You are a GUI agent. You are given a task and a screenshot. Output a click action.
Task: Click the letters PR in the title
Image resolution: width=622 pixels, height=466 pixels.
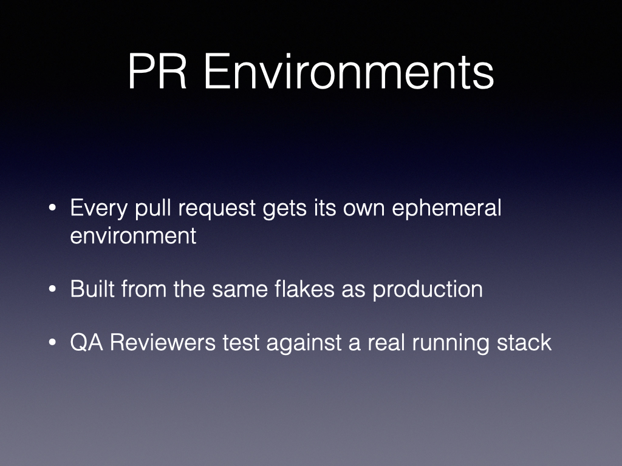(157, 72)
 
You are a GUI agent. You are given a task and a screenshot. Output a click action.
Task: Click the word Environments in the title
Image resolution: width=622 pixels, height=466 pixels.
(349, 72)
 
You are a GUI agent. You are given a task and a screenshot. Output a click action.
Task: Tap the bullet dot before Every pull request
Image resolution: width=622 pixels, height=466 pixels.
(52, 208)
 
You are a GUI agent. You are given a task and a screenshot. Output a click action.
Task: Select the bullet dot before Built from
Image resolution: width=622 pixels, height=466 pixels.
(52, 289)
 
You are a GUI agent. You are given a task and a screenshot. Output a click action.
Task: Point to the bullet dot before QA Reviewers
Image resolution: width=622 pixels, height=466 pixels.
(52, 342)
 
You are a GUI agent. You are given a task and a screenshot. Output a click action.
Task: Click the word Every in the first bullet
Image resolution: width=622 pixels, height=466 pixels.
(99, 209)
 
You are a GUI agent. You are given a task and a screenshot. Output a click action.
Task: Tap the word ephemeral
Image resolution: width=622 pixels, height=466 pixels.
(446, 208)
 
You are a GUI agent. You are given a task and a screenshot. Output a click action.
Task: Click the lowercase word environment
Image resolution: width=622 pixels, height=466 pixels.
(133, 236)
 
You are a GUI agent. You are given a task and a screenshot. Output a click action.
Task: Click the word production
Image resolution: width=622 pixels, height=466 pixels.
(428, 289)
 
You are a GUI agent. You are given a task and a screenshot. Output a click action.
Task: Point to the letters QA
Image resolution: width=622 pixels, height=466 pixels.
(87, 342)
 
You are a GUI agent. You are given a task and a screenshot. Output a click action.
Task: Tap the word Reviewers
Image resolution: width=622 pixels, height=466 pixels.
(163, 342)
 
